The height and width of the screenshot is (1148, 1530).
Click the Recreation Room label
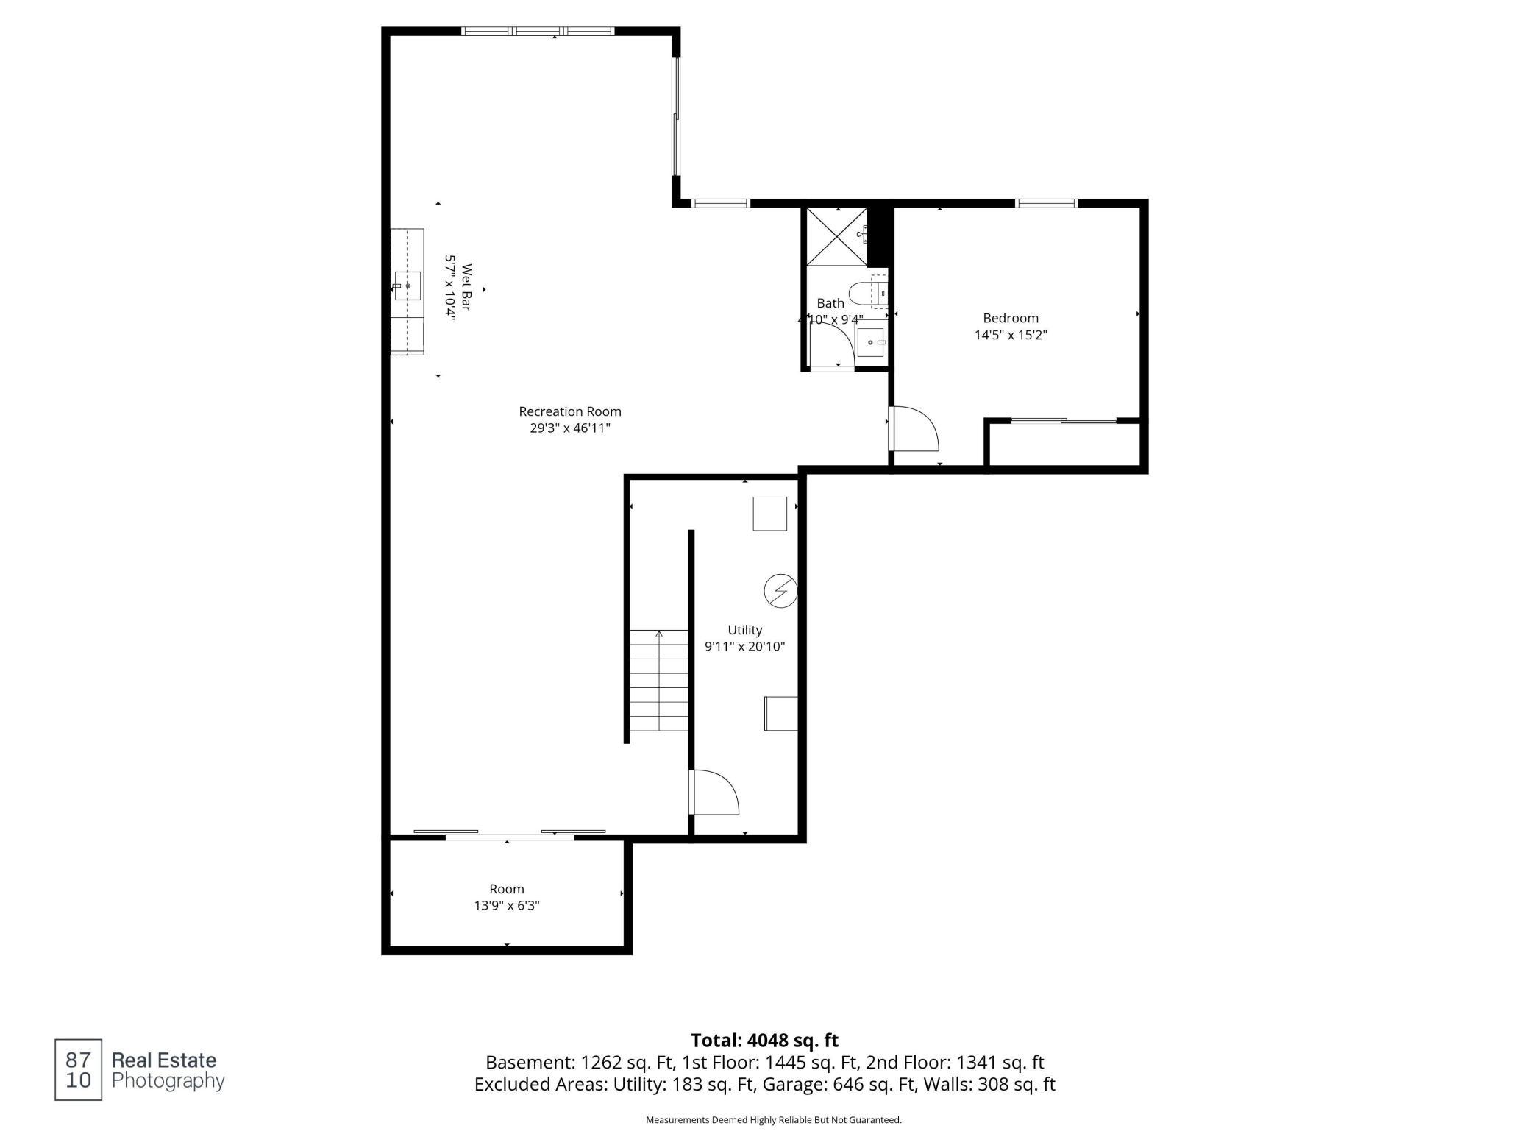pos(570,411)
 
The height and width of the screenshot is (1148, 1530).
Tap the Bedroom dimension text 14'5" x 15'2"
pos(1011,335)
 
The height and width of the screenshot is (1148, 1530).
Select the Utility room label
pos(744,630)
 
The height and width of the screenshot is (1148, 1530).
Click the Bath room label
pos(830,303)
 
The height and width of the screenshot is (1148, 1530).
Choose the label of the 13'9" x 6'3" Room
pos(507,889)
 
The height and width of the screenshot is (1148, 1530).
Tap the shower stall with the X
pos(837,236)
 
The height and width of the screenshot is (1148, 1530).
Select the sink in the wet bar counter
pos(408,286)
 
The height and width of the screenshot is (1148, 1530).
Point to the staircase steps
pos(659,680)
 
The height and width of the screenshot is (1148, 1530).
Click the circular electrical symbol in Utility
pos(781,590)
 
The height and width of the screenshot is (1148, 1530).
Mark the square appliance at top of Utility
pos(770,514)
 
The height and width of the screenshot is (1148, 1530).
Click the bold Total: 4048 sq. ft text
pos(765,1041)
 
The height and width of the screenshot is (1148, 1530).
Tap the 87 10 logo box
pos(78,1070)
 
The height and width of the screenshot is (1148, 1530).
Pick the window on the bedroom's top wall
pos(1046,203)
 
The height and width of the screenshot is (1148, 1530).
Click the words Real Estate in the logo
pos(164,1060)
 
